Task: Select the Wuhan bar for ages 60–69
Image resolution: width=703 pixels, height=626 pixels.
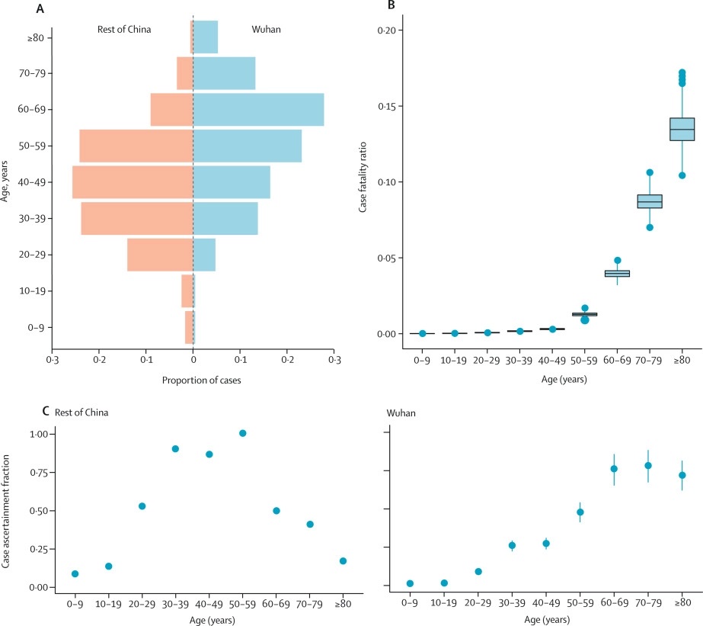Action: [x=259, y=109]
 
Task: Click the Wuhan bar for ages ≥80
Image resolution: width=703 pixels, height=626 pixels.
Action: [x=206, y=37]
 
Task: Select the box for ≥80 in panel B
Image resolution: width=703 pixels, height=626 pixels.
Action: [x=682, y=129]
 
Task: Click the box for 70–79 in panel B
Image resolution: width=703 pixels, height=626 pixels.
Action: [x=650, y=201]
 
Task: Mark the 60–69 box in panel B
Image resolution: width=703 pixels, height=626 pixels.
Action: [x=617, y=273]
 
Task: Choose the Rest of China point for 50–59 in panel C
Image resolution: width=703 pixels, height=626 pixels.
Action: [x=243, y=433]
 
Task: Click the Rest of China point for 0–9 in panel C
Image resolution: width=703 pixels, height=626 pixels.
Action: [x=75, y=573]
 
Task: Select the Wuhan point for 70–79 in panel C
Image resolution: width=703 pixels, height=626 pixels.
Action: [x=648, y=465]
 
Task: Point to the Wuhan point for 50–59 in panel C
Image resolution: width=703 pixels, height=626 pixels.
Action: [x=580, y=512]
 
